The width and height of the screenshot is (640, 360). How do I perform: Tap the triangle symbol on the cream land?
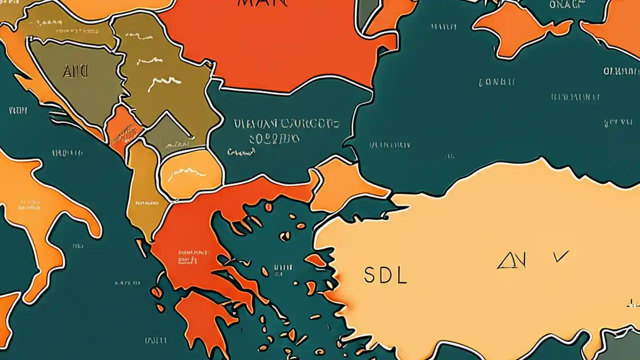tap(510, 261)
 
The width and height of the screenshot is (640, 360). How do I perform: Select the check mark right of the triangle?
tap(560, 256)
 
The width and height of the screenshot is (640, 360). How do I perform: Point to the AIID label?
tap(75, 71)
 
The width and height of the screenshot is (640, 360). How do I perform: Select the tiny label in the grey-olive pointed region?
tap(177, 144)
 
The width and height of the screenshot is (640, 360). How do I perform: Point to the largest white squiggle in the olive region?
tap(163, 83)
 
